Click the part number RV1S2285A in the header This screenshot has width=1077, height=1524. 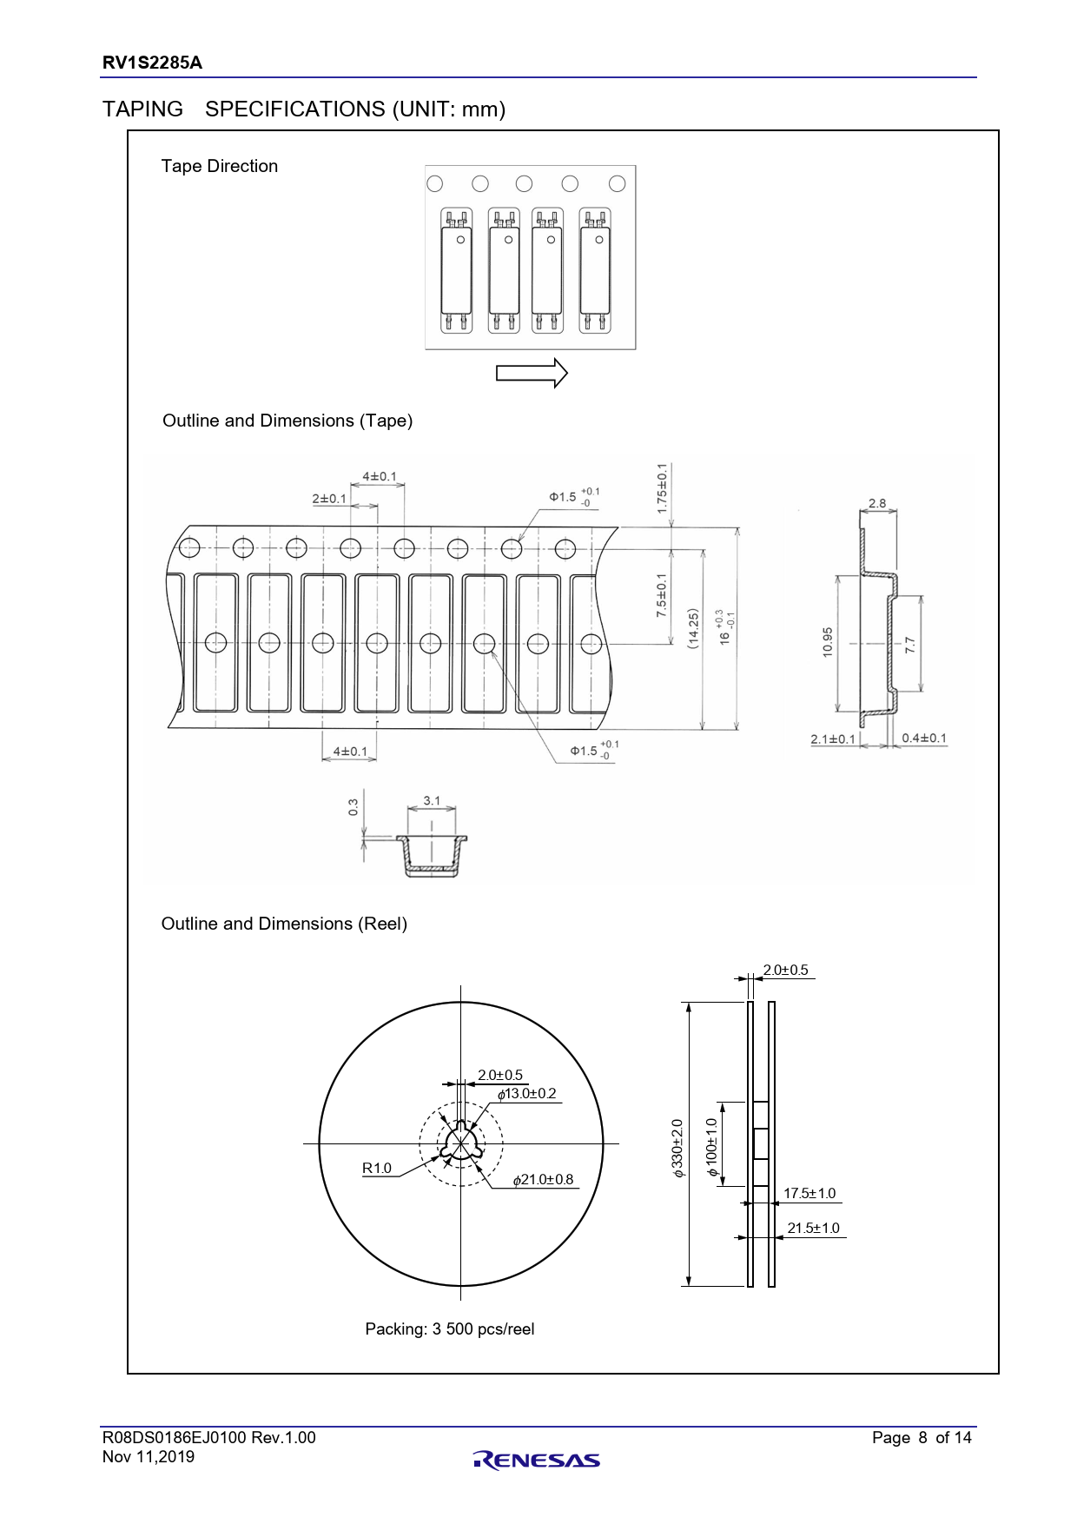click(152, 63)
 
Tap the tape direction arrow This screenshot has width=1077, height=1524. click(532, 374)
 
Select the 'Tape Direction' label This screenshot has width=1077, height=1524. click(220, 166)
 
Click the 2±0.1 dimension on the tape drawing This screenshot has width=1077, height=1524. click(329, 499)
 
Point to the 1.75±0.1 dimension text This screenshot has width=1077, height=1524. click(662, 487)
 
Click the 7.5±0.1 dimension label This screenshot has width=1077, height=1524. click(662, 596)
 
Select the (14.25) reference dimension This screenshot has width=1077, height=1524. click(693, 628)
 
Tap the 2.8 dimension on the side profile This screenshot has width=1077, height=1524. click(877, 503)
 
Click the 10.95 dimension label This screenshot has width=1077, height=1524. click(827, 642)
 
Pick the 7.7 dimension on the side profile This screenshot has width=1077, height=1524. click(909, 645)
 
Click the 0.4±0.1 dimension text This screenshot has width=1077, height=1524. click(924, 739)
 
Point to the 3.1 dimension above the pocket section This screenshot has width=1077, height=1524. click(432, 801)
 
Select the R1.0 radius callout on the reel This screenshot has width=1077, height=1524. click(377, 1169)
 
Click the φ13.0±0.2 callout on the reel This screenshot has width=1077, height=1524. click(527, 1094)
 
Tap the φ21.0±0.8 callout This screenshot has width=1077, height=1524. click(544, 1180)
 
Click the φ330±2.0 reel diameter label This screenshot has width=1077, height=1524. click(677, 1149)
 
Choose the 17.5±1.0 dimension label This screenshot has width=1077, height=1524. click(809, 1194)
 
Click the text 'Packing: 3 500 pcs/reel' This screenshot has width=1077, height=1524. click(450, 1329)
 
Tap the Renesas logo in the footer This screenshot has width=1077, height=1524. click(537, 1460)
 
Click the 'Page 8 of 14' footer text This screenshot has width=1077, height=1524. click(922, 1438)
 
